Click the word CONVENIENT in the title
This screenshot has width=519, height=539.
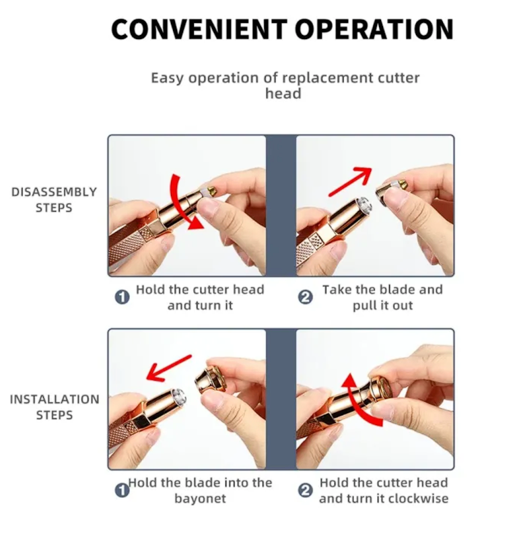coord(199,29)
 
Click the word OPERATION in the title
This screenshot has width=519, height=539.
coord(374,29)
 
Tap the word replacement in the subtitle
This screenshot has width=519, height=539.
coord(328,78)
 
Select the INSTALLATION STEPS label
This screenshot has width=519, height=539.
coord(55,408)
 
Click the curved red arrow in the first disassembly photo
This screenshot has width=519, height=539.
coord(181,203)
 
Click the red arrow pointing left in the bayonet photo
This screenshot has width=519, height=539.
coord(168,368)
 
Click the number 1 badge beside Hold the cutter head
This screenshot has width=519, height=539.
coord(122,297)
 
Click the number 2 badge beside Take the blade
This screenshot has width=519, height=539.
coord(305,297)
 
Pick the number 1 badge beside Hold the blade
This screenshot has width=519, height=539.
coord(122,490)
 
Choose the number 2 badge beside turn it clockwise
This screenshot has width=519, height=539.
coord(305,490)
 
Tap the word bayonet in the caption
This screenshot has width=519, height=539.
coord(200,499)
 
